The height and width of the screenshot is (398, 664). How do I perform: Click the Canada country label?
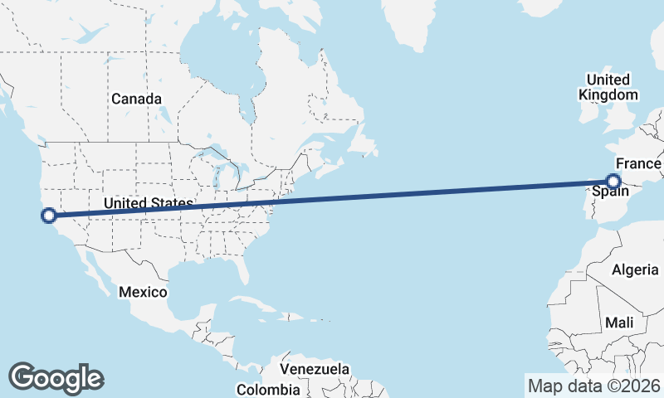(137, 99)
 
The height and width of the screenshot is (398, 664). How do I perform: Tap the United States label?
(148, 203)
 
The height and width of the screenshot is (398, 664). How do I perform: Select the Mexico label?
(143, 292)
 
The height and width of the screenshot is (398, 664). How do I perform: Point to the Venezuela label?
(315, 369)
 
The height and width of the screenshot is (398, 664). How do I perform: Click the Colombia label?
(267, 389)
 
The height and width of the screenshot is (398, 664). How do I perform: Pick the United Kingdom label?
(608, 87)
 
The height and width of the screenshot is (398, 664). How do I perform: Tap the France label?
(637, 164)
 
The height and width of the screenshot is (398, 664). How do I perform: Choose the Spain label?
(609, 192)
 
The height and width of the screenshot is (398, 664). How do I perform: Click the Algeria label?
(634, 270)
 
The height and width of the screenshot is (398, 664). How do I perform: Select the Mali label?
(619, 322)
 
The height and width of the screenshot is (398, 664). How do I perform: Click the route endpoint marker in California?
(49, 216)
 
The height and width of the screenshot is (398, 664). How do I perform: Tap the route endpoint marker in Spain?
(613, 181)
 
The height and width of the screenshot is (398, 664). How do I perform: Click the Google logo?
(56, 378)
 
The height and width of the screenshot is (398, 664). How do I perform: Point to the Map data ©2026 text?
(593, 386)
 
